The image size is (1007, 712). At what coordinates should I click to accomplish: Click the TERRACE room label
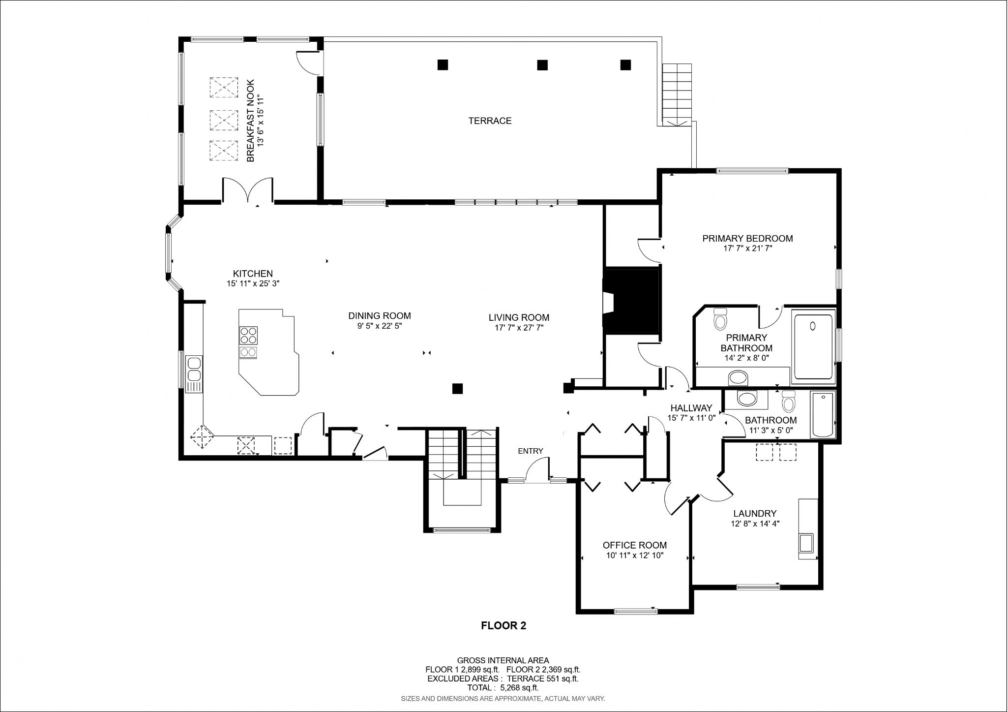(490, 121)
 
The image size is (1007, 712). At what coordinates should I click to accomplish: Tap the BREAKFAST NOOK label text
(250, 121)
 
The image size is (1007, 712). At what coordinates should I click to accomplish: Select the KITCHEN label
(253, 274)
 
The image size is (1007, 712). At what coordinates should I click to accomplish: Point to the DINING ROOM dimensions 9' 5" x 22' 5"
(380, 326)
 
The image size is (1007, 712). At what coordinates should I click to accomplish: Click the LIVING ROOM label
(519, 317)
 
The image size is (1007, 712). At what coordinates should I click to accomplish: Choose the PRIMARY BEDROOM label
(747, 239)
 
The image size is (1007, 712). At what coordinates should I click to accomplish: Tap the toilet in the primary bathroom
(720, 319)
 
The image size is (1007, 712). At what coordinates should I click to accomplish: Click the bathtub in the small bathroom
(823, 414)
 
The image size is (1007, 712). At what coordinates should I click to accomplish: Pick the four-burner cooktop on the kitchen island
(248, 336)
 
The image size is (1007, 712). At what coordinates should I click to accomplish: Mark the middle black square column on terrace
(542, 65)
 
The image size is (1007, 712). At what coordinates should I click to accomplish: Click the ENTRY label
(531, 451)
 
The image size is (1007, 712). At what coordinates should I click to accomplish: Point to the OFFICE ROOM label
(635, 545)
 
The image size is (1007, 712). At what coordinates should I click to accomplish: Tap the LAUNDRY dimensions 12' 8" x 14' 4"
(755, 524)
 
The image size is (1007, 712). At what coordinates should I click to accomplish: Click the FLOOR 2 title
(503, 626)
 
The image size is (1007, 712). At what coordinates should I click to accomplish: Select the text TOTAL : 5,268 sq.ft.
(503, 688)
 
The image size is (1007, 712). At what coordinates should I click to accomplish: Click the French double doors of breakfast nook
(248, 191)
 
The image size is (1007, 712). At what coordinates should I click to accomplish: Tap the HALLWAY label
(691, 408)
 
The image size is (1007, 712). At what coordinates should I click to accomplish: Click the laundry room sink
(806, 543)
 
